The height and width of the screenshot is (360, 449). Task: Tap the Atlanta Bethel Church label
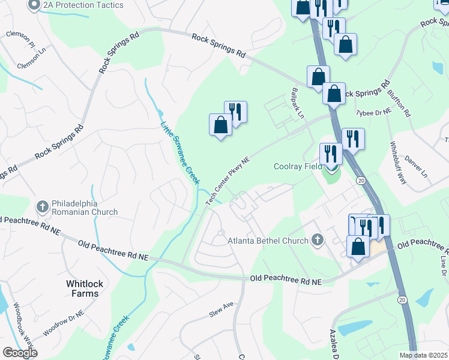pos(268,241)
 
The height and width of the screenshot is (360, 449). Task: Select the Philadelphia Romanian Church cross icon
pos(42,207)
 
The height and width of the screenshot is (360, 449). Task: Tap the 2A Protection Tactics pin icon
pos(34,5)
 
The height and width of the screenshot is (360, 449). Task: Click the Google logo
pos(20,353)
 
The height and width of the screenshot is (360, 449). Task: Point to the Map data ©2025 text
pos(423,355)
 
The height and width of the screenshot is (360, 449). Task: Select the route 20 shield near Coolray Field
pos(361,180)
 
